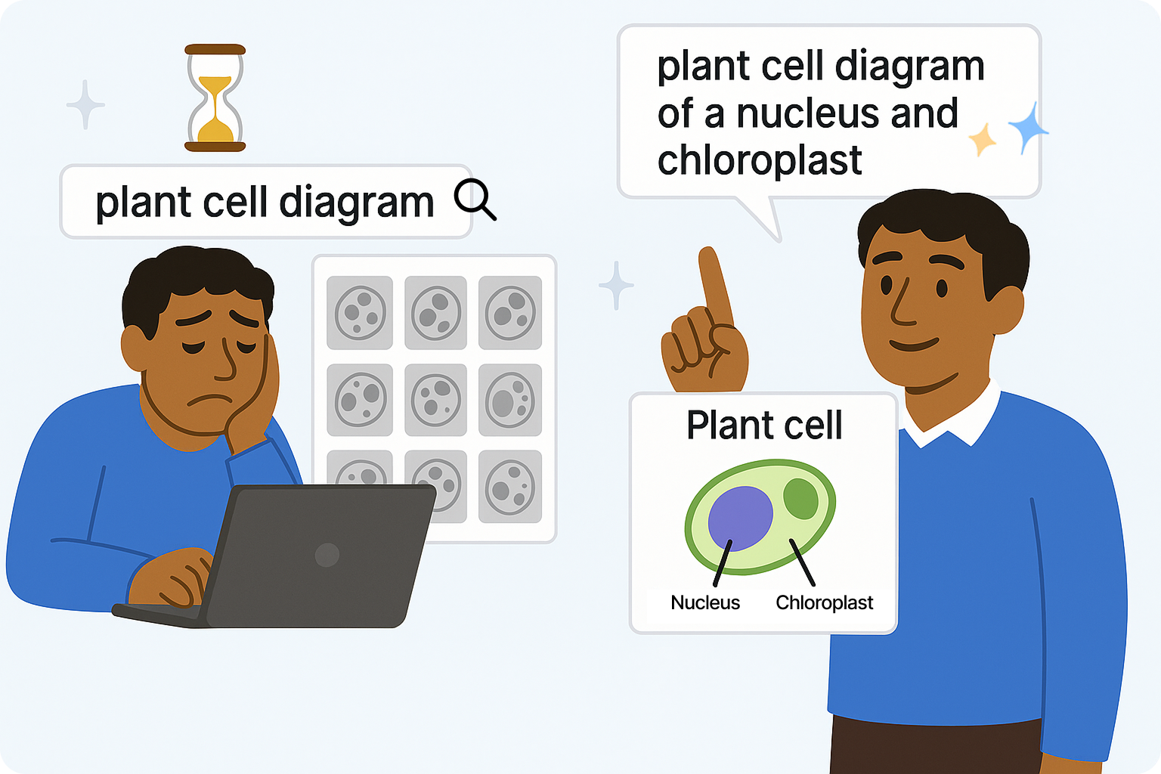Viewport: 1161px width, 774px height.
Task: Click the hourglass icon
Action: click(x=215, y=98)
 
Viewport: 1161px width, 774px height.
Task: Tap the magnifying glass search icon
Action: click(x=474, y=200)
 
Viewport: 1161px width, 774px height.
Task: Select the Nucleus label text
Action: click(x=704, y=602)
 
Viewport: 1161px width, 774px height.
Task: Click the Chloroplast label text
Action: click(x=824, y=602)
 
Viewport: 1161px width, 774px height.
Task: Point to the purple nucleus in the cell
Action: click(x=740, y=517)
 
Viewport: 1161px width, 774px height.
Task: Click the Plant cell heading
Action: click(x=763, y=425)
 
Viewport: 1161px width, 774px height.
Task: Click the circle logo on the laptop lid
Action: click(x=327, y=555)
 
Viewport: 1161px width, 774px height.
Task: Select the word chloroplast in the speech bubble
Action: click(x=759, y=160)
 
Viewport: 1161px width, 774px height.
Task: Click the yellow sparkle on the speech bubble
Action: click(x=983, y=139)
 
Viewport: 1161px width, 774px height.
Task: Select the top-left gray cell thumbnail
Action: click(x=360, y=312)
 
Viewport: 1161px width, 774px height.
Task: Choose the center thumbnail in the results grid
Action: click(x=435, y=400)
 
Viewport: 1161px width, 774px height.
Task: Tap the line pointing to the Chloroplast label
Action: click(x=802, y=562)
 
